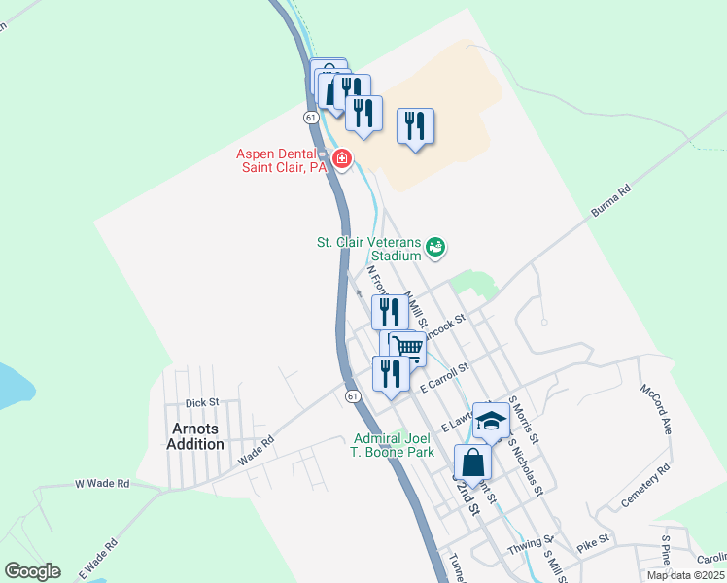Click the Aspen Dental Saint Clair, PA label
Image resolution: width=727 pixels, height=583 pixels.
pos(282,160)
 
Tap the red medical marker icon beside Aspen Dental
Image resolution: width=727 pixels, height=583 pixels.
pos(341,158)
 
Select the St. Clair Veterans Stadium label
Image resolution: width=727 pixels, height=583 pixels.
pos(368,249)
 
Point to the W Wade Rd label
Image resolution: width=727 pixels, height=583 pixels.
pos(102,483)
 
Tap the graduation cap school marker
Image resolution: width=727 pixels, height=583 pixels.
pos(492,419)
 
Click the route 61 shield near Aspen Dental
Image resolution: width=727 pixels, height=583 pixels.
pos(310,117)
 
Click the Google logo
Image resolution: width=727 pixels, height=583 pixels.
pos(32,571)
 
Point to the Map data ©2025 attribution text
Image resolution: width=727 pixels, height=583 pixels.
pos(686,575)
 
